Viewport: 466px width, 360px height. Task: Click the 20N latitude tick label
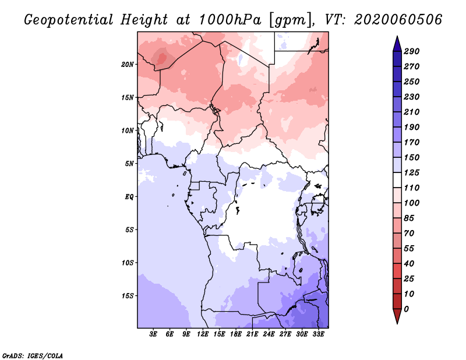(128, 65)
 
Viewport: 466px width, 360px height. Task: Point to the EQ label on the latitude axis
(129, 197)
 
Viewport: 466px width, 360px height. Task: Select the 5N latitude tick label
(129, 164)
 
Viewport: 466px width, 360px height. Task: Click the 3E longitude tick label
(153, 334)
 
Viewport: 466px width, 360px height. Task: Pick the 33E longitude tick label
(318, 334)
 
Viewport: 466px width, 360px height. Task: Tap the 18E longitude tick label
(236, 334)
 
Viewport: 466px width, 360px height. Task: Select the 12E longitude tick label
(203, 334)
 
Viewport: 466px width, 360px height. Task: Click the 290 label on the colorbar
(412, 51)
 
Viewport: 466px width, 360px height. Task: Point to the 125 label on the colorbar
(412, 172)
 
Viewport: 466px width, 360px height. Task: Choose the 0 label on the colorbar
(406, 309)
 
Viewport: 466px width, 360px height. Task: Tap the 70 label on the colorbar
(409, 234)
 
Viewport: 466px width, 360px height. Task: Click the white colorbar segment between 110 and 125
(397, 180)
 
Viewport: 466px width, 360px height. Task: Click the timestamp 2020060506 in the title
(398, 20)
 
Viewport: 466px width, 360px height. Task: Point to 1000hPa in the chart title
(230, 20)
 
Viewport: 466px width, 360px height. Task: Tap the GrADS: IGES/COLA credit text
(33, 356)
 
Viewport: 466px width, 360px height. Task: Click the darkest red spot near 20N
(162, 58)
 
